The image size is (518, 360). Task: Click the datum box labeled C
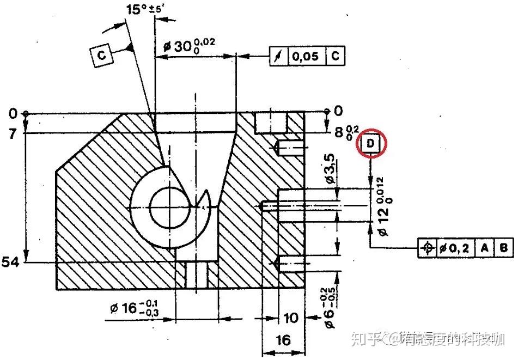[x=102, y=55]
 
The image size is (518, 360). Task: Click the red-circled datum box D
[x=371, y=144]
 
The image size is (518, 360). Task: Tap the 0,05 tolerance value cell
[x=304, y=56]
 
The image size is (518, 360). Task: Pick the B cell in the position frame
[x=504, y=248]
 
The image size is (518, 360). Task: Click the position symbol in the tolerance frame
[x=428, y=248]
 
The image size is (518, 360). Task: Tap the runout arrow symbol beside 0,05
[x=278, y=56]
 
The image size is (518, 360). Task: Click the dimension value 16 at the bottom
[x=283, y=341]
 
